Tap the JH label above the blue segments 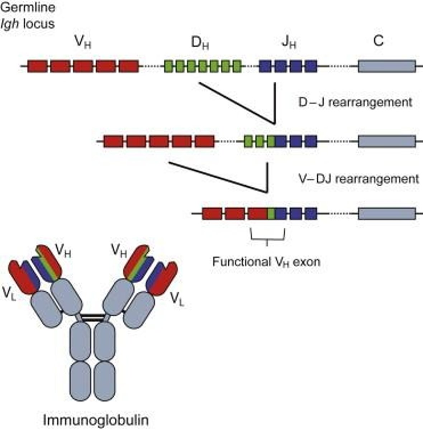coord(288,43)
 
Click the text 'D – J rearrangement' coord(355,102)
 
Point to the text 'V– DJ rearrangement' coord(358,178)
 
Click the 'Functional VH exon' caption coord(266,262)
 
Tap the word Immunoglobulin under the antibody coord(96,420)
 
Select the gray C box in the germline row coord(387,66)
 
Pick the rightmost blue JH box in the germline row coord(311,66)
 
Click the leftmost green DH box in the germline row coord(169,66)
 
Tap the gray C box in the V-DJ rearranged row coord(387,214)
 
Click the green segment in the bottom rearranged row coord(272,214)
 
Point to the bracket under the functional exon coord(267,236)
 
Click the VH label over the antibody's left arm coord(63,251)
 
